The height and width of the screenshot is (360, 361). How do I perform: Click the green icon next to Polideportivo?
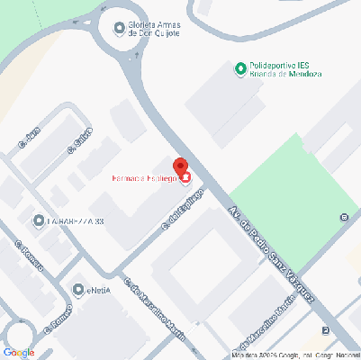(x=240, y=68)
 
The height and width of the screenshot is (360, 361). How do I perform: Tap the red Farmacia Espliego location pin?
(x=180, y=167)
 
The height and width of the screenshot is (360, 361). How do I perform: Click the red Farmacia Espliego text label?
(x=145, y=178)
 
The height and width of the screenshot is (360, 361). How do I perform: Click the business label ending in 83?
(x=76, y=220)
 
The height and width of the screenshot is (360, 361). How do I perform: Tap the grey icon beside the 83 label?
(x=38, y=220)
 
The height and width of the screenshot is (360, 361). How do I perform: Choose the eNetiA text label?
(x=99, y=290)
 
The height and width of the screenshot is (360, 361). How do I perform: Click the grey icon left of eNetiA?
(x=77, y=290)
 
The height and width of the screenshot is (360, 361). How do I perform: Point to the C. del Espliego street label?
(x=178, y=211)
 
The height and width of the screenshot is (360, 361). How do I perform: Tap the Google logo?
(x=19, y=352)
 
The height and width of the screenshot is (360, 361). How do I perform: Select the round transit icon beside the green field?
(x=343, y=217)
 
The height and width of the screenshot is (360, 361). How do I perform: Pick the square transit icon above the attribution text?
(x=325, y=330)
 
